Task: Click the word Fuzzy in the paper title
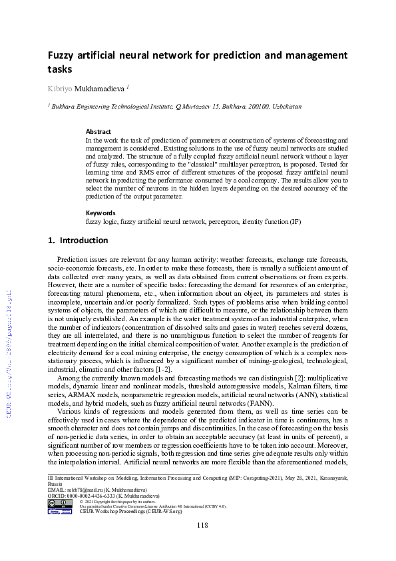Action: click(61, 55)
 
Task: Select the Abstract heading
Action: click(99, 132)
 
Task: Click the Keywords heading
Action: click(101, 213)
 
